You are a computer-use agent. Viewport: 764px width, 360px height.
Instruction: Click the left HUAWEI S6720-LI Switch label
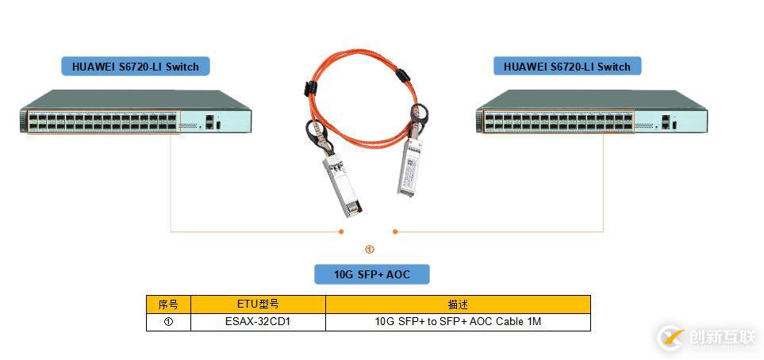click(135, 67)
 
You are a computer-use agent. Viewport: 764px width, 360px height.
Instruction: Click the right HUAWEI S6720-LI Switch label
click(566, 67)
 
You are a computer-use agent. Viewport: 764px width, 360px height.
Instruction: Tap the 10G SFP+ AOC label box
click(371, 274)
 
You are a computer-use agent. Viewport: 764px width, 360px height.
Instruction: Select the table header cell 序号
click(168, 304)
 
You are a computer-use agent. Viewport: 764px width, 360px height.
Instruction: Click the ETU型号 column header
click(258, 304)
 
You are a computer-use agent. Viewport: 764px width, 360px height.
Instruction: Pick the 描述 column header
click(458, 304)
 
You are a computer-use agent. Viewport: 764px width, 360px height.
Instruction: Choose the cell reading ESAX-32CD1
click(258, 322)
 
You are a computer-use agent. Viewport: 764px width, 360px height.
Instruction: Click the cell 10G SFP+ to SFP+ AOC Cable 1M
click(458, 322)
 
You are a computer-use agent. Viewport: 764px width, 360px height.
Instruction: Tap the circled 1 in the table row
click(168, 322)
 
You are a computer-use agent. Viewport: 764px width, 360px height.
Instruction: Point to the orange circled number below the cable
click(369, 249)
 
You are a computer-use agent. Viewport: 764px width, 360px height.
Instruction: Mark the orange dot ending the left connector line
click(341, 232)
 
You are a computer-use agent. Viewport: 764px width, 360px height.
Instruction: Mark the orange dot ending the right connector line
click(395, 232)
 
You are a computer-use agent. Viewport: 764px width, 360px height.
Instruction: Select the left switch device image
click(135, 113)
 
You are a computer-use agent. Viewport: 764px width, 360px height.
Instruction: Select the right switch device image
click(590, 113)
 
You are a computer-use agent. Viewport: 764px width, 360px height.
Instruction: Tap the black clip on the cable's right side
click(401, 77)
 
